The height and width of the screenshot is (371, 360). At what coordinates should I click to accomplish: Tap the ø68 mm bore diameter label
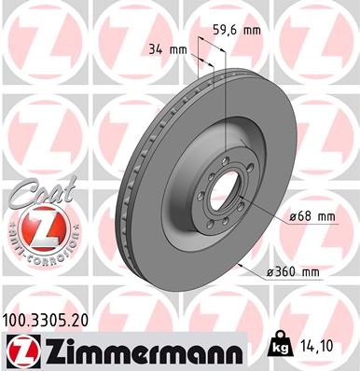point(311,216)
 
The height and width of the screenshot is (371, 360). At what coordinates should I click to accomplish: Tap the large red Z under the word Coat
point(36,227)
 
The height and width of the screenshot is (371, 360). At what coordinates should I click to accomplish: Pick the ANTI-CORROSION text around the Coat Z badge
point(36,250)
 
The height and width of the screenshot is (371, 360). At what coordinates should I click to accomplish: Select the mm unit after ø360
point(310,271)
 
